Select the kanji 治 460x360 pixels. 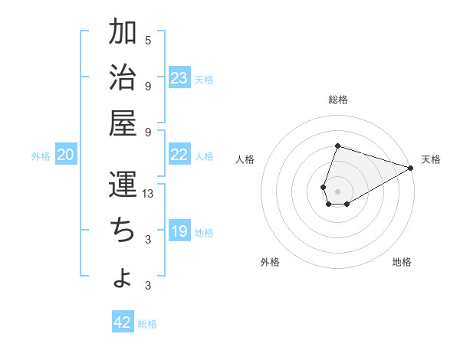coord(123,77)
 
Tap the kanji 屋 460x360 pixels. coord(123,123)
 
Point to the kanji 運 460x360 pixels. coord(123,185)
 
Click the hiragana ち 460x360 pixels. coord(122,231)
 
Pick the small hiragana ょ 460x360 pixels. coord(123,279)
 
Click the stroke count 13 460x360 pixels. coord(149,194)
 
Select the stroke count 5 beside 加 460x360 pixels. coord(148,40)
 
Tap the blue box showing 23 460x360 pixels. coord(179,77)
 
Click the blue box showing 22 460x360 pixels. coord(179,155)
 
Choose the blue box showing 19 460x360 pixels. coord(179,231)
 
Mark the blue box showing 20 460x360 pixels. coord(66,155)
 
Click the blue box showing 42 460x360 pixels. coord(123,322)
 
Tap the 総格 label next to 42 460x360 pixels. coord(147,324)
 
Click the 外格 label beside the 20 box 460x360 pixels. coord(41,156)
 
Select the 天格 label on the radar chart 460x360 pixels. coord(431,159)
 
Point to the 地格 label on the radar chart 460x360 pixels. coord(402,262)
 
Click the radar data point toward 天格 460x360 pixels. coord(411,168)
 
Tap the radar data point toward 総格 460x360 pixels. coord(337,146)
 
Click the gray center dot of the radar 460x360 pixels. coord(337,190)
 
